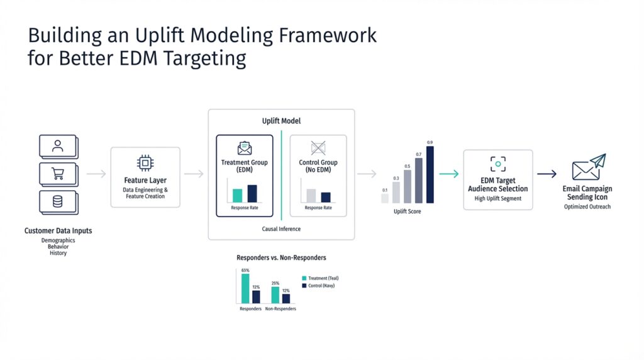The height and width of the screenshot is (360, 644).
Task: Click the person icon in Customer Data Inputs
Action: pos(58,146)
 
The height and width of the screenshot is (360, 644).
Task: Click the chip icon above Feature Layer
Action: pos(145,164)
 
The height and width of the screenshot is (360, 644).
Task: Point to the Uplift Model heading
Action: pos(281,120)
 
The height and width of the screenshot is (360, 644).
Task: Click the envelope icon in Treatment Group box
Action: pos(244,149)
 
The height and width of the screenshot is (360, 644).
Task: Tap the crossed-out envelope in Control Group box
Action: pos(318,149)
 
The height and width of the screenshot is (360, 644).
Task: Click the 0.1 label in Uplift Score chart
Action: pos(385,190)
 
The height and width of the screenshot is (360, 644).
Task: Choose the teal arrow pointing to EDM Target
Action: pos(448,174)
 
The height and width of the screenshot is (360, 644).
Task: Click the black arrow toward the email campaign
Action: pos(547,174)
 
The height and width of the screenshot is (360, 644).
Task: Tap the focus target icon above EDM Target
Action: pos(498,164)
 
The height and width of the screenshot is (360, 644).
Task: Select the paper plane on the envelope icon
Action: pos(597,160)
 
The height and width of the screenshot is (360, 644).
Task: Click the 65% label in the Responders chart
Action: pos(245,270)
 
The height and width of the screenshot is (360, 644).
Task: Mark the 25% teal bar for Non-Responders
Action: pos(275,295)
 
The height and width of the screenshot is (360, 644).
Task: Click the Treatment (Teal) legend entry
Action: pos(321,278)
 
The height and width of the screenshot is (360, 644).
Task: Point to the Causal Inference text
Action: pos(281,229)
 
